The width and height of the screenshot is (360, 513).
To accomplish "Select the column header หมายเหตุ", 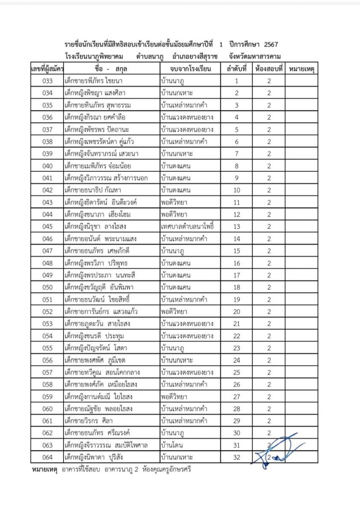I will [301, 68].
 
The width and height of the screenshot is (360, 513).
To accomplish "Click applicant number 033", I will [47, 81].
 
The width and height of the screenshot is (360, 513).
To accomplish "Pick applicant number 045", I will [47, 227].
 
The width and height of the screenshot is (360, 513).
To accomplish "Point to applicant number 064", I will [47, 457].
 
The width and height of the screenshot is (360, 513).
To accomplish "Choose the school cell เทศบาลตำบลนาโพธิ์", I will [187, 227].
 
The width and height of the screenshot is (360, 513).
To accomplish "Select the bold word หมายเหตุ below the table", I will [45, 469].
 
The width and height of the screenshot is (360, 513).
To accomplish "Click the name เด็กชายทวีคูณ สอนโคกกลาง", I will [100, 372].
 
